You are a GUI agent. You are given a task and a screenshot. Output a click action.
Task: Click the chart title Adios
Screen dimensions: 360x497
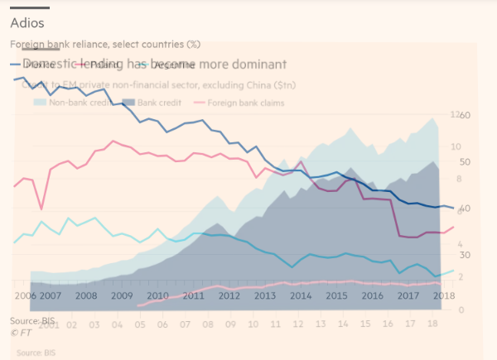coord(27,23)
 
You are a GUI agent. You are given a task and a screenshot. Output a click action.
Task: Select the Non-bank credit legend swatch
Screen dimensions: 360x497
coord(40,103)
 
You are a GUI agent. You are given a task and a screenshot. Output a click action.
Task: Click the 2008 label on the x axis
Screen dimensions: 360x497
coord(86,295)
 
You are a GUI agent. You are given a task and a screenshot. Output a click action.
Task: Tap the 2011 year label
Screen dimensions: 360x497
coord(193,295)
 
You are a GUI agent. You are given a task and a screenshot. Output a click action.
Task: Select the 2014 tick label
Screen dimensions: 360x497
coord(301,295)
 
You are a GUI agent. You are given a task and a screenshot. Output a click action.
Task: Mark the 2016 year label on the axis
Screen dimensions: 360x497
coord(372,295)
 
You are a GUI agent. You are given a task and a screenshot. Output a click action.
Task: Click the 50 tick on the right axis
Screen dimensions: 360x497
coord(465,162)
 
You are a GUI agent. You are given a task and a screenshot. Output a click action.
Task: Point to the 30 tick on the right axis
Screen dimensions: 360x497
coord(465,255)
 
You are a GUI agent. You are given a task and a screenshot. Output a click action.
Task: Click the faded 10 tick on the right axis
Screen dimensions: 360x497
coord(454,146)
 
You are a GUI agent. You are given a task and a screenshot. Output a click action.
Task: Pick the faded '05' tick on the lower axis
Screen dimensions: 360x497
coord(140,325)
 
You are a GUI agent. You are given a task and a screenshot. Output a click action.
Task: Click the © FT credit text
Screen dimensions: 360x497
coord(21,332)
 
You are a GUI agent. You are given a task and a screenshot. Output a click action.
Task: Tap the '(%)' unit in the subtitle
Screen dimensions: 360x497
coord(193,44)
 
